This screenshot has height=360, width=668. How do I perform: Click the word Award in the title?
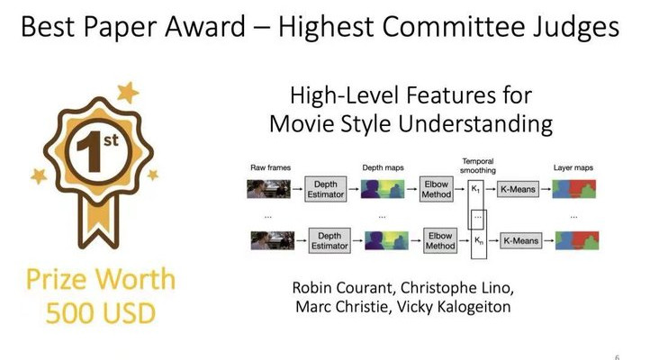tap(205, 26)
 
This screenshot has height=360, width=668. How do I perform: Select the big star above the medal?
tap(127, 92)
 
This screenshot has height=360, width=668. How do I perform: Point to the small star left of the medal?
tap(39, 175)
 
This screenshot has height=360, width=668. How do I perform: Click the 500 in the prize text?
tap(68, 313)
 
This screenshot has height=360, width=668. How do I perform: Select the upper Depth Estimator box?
tap(326, 189)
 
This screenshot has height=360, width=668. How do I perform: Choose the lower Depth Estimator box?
tap(329, 240)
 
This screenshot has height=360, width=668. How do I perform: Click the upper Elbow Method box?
tap(437, 189)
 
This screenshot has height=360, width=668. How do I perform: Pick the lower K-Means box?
tap(520, 240)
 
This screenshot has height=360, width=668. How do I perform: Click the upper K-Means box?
tap(518, 189)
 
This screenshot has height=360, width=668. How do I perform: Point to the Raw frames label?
tap(270, 168)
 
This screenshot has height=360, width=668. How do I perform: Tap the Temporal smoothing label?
tap(478, 166)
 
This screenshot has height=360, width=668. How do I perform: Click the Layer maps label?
tap(573, 168)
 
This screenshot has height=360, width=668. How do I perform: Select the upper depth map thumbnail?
tap(383, 189)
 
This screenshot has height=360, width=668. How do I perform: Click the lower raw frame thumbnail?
tap(273, 240)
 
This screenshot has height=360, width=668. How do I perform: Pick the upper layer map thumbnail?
tap(573, 189)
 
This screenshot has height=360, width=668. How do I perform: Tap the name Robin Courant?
tap(342, 288)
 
